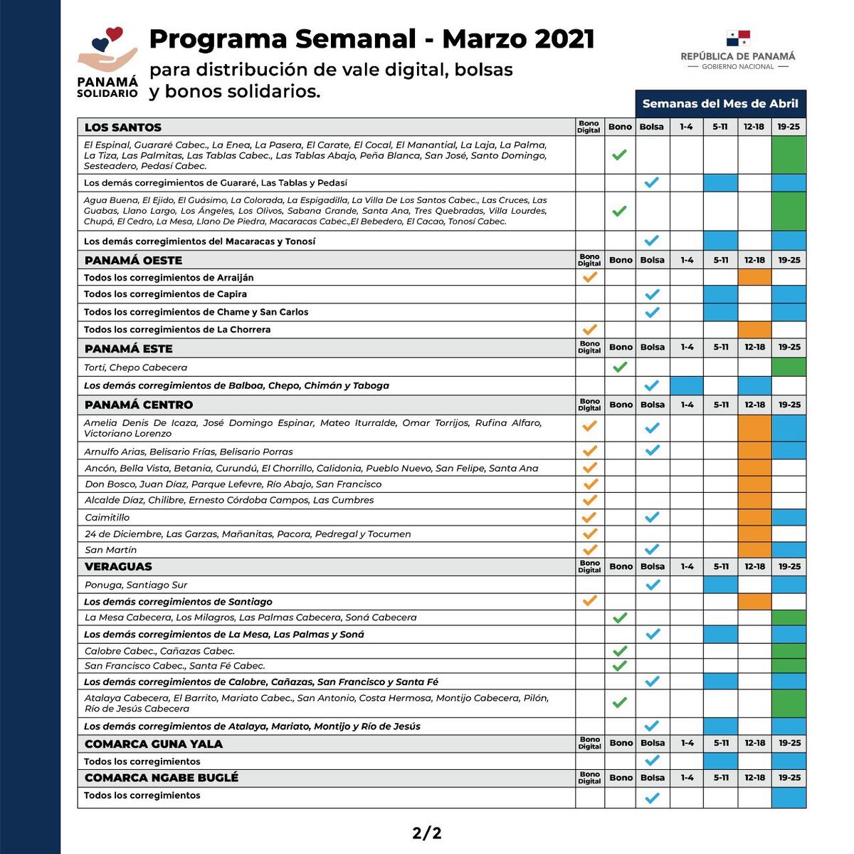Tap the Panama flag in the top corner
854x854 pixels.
tap(738, 38)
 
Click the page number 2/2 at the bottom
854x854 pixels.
tap(427, 833)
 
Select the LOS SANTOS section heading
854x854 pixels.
tap(123, 127)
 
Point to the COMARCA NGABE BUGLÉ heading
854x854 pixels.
tap(162, 778)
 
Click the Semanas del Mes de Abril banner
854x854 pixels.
tap(720, 104)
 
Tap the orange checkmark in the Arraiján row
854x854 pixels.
tap(589, 277)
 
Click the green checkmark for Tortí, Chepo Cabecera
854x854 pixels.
tap(620, 367)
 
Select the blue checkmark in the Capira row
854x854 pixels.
tap(652, 294)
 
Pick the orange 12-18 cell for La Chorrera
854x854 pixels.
tap(754, 330)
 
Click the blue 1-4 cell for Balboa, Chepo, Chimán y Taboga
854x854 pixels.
tap(686, 385)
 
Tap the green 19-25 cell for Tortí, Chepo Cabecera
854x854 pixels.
tap(789, 367)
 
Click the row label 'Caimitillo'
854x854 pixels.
tap(107, 518)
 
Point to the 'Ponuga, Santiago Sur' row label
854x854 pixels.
tap(136, 585)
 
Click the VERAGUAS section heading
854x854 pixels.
tap(118, 567)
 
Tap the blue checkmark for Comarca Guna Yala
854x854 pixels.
tap(652, 761)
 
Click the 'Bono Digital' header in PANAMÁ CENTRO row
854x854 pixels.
tap(589, 405)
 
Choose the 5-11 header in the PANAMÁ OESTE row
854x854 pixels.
tap(720, 260)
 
